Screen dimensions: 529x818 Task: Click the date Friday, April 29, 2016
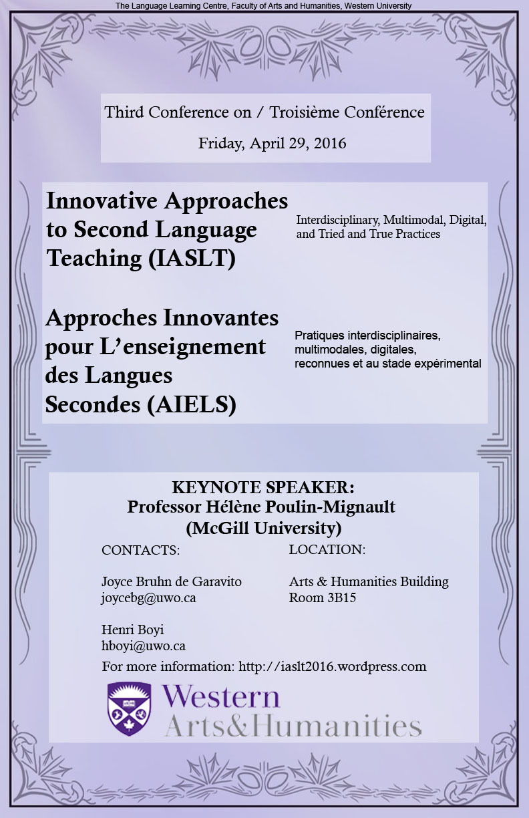pyautogui.click(x=272, y=144)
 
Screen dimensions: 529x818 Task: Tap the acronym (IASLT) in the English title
pyautogui.click(x=192, y=259)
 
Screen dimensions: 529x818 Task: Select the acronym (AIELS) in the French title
pyautogui.click(x=192, y=404)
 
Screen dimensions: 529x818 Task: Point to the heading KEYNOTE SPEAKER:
pyautogui.click(x=263, y=487)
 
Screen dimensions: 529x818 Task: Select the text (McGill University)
pyautogui.click(x=264, y=528)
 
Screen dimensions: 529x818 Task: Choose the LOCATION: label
pyautogui.click(x=327, y=549)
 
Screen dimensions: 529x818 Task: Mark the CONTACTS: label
pyautogui.click(x=140, y=550)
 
